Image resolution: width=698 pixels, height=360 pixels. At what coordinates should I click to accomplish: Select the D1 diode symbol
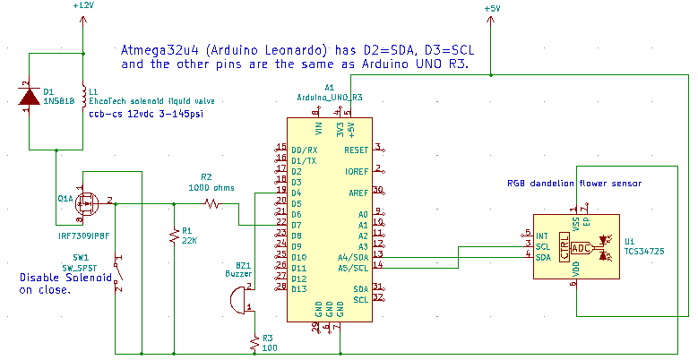click(30, 97)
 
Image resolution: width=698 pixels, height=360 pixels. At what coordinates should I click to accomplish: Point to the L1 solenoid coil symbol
click(82, 97)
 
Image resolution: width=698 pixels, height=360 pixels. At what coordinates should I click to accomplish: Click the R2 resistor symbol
click(211, 204)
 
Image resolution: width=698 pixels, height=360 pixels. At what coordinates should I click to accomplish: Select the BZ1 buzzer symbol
click(237, 302)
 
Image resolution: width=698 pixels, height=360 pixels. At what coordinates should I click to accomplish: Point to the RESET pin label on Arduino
click(356, 149)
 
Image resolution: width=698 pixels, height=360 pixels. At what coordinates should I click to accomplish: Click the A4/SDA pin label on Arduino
click(352, 255)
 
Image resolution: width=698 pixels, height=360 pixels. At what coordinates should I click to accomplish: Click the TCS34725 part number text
click(644, 253)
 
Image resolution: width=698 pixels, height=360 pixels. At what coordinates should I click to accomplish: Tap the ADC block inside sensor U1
click(581, 246)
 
